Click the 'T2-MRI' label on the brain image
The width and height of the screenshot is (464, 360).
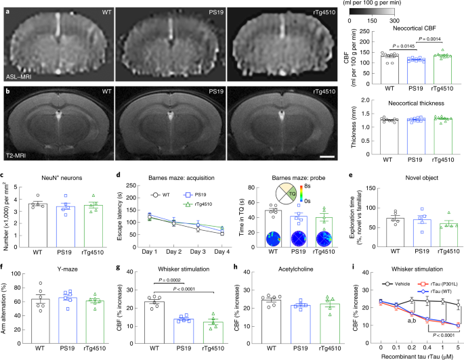tap(18, 155)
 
